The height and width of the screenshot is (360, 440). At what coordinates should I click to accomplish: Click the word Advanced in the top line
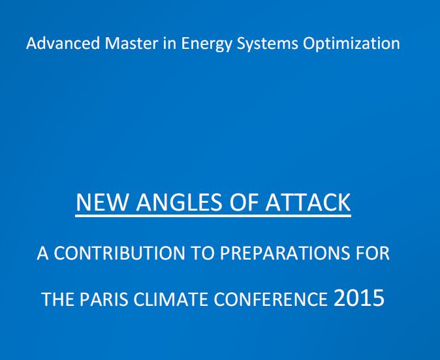(63, 44)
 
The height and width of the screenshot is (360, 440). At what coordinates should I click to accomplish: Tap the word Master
(131, 44)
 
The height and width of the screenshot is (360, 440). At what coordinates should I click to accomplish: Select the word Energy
(206, 45)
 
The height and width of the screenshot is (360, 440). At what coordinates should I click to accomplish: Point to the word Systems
(267, 45)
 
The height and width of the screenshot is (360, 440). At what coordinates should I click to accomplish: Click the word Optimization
(351, 44)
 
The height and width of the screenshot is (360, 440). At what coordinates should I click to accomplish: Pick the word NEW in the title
(101, 202)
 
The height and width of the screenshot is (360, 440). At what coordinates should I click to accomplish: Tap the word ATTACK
(308, 202)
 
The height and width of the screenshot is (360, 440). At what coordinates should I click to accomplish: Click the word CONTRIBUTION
(119, 253)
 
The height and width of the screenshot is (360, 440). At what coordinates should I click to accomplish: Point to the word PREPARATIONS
(285, 253)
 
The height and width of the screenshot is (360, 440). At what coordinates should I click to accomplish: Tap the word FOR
(373, 253)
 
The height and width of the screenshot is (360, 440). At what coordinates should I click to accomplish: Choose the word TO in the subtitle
(202, 253)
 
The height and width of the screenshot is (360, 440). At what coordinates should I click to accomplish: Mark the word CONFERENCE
(270, 299)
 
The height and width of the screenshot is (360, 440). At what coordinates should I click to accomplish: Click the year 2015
(359, 298)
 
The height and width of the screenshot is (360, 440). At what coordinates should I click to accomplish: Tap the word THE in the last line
(58, 299)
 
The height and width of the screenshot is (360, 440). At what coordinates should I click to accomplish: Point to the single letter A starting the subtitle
(42, 253)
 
